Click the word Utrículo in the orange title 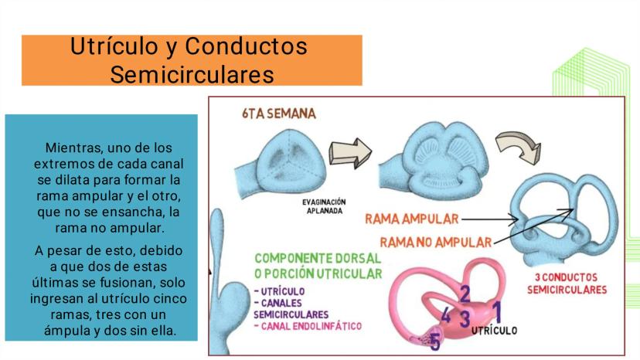coord(114,46)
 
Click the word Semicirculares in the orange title coord(192,75)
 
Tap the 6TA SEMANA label coord(279,114)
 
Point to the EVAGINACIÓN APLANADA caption coord(324,206)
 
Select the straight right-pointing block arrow coord(350,153)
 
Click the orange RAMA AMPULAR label coord(412,219)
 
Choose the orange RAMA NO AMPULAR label coord(436,243)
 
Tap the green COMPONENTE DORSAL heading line coord(318,258)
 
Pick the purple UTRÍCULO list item coord(280,291)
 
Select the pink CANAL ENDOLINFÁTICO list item coord(308,327)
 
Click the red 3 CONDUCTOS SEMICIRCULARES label coord(567,284)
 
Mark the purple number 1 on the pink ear coord(496,312)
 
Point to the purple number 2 coord(465,294)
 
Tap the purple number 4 coord(446,315)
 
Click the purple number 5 coord(435,342)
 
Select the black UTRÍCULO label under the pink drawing coord(494,331)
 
